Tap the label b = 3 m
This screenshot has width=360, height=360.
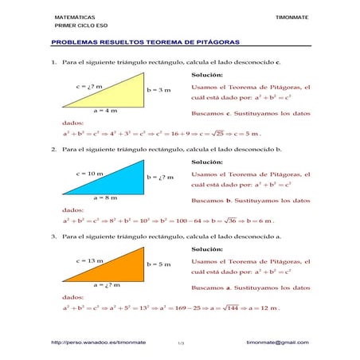[x=158, y=90]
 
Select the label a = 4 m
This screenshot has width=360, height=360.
[x=104, y=112]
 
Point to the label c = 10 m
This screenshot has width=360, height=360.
[x=89, y=173]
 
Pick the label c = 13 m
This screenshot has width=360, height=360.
[x=89, y=260]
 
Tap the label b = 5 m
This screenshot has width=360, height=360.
[x=158, y=264]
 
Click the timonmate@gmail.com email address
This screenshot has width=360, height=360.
[x=277, y=342]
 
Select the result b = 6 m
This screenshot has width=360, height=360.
[x=261, y=221]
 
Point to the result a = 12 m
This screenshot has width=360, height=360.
[x=264, y=307]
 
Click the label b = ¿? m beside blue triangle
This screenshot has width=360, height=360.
[x=160, y=177]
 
